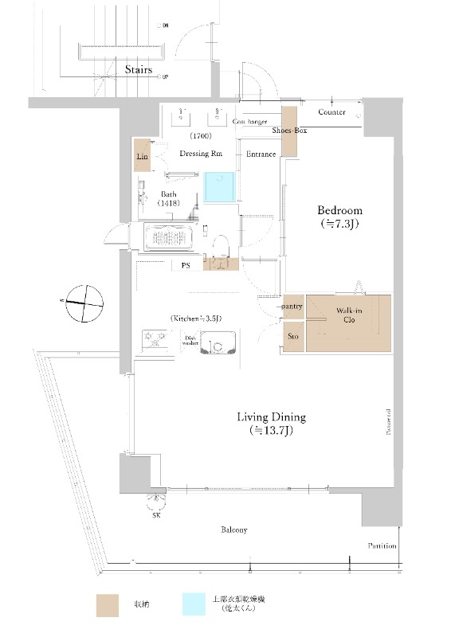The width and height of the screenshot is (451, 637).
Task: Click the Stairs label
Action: [x=139, y=70]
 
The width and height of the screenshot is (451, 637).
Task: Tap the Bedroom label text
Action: [x=339, y=211]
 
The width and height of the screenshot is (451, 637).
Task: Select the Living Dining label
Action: [x=271, y=417]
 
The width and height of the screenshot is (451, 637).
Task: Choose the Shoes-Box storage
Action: [x=288, y=131]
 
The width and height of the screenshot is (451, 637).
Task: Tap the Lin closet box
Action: [x=143, y=157]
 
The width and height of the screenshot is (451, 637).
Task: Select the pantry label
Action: [x=292, y=306]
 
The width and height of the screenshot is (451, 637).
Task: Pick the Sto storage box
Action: [x=292, y=337]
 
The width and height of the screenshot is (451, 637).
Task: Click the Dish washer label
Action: [x=190, y=340]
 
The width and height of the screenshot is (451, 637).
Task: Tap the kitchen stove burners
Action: [x=155, y=342]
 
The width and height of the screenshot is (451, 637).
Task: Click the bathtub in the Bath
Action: [x=170, y=237]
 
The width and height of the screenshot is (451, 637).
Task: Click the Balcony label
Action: [x=233, y=530]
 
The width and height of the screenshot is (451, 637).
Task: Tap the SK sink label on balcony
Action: [x=155, y=515]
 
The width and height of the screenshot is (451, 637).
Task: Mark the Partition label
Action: [x=382, y=546]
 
